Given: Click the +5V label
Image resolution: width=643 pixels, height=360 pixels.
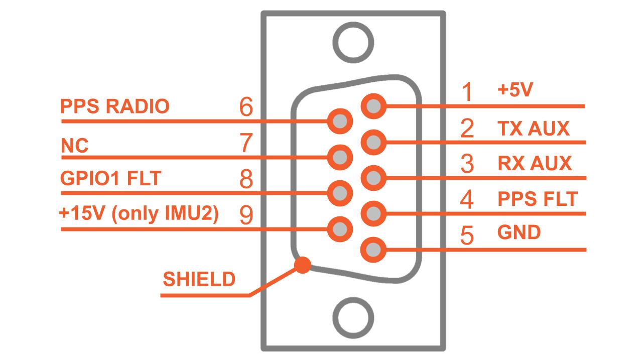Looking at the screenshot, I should pos(515,90).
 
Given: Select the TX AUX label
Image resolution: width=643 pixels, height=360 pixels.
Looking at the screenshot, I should pos(534,129).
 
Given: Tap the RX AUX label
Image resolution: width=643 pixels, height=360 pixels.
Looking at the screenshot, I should pos(535,163).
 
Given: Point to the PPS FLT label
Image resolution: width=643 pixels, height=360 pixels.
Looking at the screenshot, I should pos(538,199).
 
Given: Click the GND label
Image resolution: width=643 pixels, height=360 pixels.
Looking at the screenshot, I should pos(519,232).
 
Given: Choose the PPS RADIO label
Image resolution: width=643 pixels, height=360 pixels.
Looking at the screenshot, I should pos(114,106).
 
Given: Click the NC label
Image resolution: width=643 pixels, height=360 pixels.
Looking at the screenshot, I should pos(74,146).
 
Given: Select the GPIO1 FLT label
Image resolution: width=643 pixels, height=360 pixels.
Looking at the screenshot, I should pos(110,179).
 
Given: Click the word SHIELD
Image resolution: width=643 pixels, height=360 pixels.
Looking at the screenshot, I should pos(199,279).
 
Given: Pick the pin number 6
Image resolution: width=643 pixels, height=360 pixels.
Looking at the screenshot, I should pos(246,107).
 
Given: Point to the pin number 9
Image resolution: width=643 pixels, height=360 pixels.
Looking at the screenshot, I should pos(246,215).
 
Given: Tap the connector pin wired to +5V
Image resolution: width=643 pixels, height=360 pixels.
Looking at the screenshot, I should pos(373,106).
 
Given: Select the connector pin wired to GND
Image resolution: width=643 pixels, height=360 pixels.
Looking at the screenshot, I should pos(373,249).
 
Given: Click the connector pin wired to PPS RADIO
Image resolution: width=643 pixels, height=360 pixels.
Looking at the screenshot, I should pos(340,121).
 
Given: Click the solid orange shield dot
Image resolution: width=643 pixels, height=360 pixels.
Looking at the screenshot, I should pos(302,265).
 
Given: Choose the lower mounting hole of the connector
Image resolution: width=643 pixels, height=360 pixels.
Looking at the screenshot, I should pos(353,318).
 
